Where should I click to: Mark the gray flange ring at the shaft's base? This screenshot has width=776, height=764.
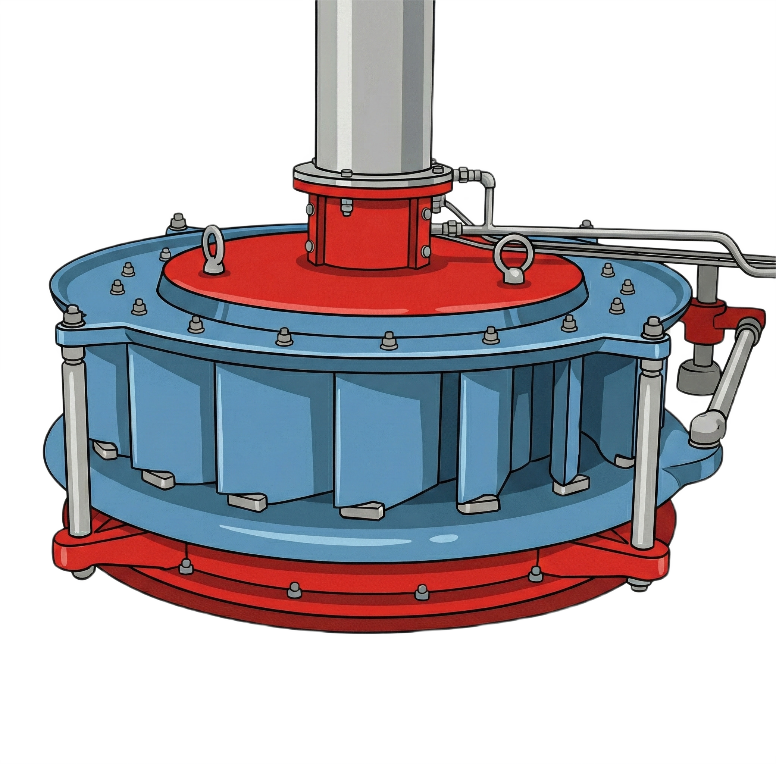373,175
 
